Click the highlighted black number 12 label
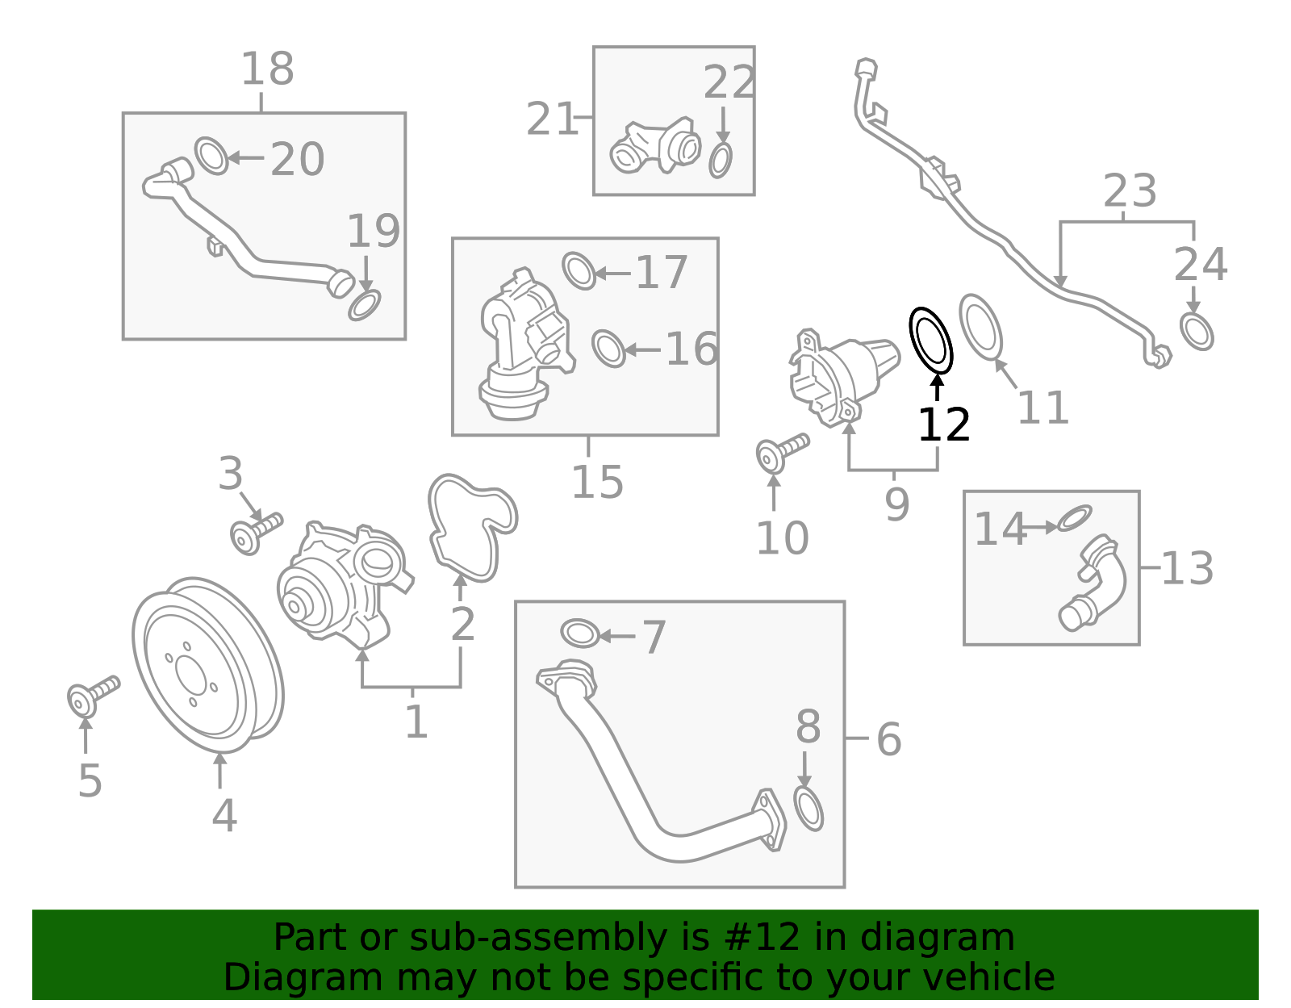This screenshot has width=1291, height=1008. pyautogui.click(x=943, y=425)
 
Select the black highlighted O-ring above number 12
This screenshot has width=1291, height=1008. pyautogui.click(x=931, y=340)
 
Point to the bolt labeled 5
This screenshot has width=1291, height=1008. pyautogui.click(x=91, y=695)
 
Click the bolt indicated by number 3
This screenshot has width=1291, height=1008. pyautogui.click(x=253, y=533)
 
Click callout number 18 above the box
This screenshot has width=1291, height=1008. pyautogui.click(x=267, y=69)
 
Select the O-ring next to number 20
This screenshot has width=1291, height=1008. pyautogui.click(x=211, y=156)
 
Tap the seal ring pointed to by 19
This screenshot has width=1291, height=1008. pyautogui.click(x=365, y=305)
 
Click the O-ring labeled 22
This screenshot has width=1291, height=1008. pyautogui.click(x=721, y=161)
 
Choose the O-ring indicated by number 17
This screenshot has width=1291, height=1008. pyautogui.click(x=578, y=270)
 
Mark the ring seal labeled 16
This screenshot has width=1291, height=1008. pyautogui.click(x=608, y=348)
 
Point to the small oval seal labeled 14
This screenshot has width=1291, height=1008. pyautogui.click(x=1074, y=518)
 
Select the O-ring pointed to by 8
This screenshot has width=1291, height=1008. pyautogui.click(x=808, y=809)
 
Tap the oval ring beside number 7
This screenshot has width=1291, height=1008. pyautogui.click(x=579, y=634)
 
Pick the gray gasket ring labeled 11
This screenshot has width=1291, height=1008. pyautogui.click(x=980, y=326)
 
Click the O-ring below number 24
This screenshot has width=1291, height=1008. pyautogui.click(x=1196, y=331)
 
